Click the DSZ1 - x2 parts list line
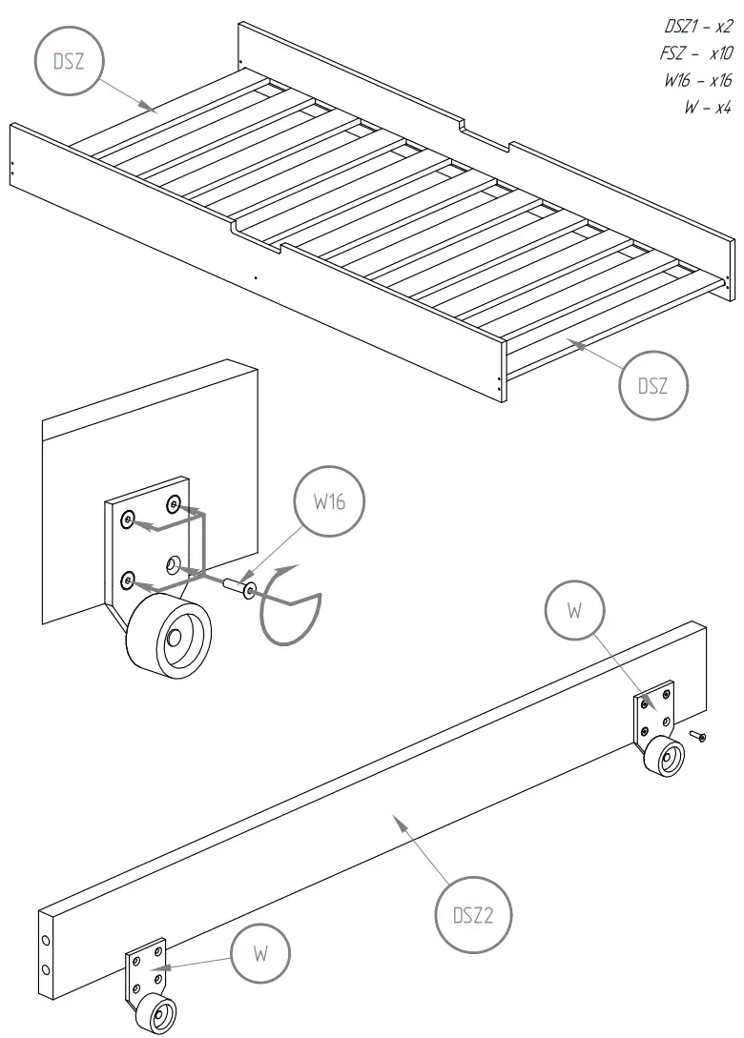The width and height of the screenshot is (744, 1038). click(x=698, y=27)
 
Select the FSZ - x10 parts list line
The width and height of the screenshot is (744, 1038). click(x=698, y=54)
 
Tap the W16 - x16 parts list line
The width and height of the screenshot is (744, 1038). click(x=698, y=81)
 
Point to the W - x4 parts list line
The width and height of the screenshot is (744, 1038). click(x=707, y=108)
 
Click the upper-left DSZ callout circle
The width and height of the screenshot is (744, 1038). click(x=68, y=62)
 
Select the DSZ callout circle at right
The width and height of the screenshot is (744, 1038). click(x=653, y=385)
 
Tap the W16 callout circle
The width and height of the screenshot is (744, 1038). click(x=329, y=502)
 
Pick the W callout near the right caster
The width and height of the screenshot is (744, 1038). click(x=573, y=611)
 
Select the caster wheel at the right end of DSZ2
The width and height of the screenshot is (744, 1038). click(x=664, y=758)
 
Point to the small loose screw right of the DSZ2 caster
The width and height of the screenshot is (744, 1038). click(x=698, y=736)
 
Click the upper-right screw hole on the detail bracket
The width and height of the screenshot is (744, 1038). click(x=173, y=502)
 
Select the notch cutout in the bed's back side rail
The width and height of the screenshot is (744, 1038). click(x=486, y=134)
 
